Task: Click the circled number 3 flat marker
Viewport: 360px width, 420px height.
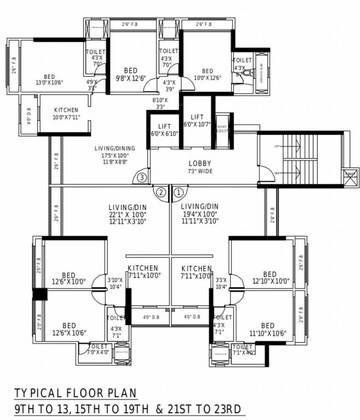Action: pyautogui.click(x=144, y=179)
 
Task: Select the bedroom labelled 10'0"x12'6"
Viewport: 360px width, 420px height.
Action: pyautogui.click(x=204, y=75)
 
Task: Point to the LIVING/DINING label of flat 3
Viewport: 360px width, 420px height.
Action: pyautogui.click(x=98, y=150)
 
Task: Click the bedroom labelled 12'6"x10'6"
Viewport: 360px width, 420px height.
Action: pyautogui.click(x=67, y=328)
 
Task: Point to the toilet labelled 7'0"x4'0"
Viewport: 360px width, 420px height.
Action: pyautogui.click(x=98, y=349)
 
